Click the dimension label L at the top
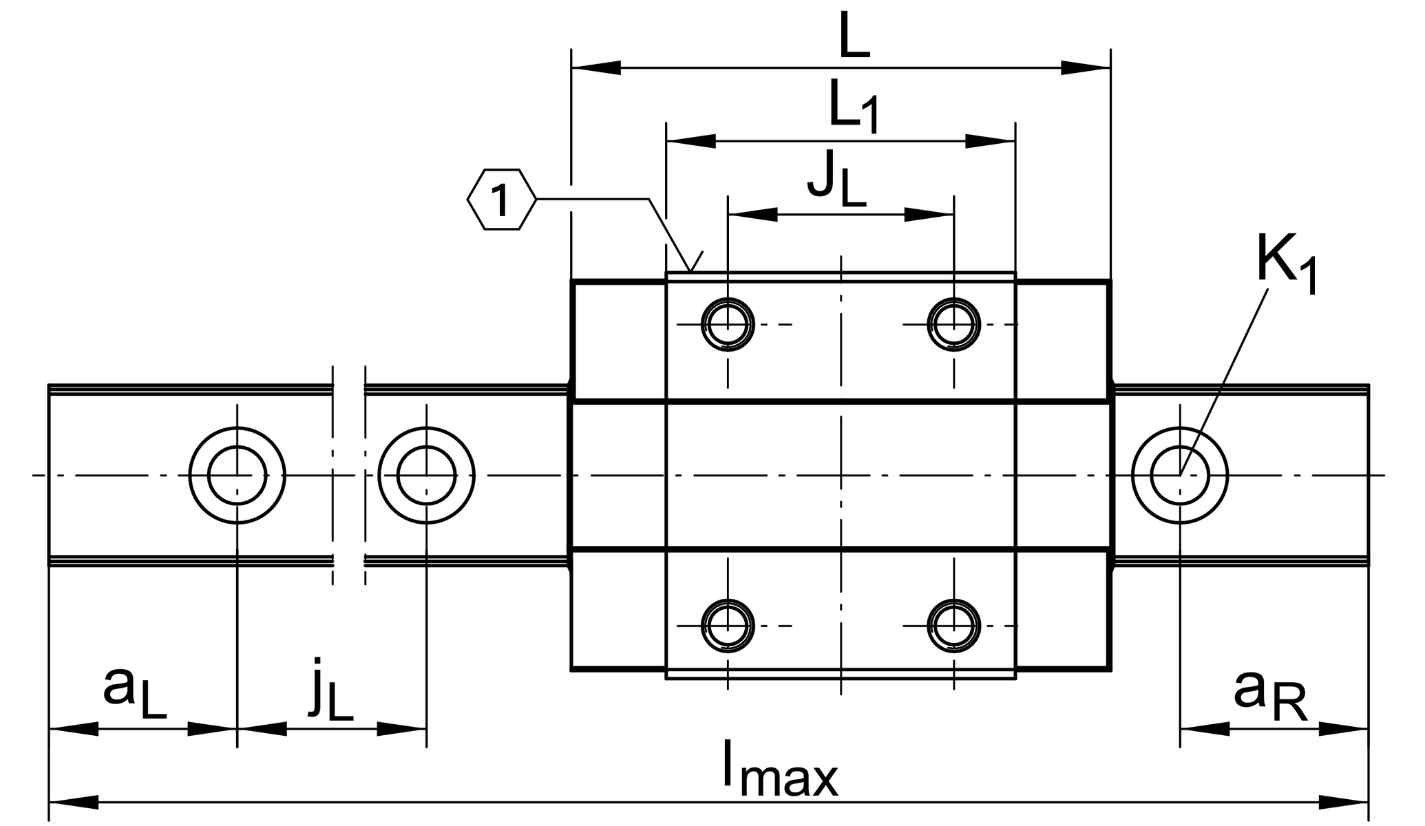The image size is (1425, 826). click(854, 41)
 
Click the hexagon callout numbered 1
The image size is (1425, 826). click(501, 200)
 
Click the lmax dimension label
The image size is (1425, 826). click(780, 770)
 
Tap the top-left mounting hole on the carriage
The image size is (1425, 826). click(728, 324)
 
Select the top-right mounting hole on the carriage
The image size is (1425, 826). click(953, 324)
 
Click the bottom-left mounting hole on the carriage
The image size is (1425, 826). click(728, 626)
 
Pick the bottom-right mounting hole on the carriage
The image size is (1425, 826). click(953, 626)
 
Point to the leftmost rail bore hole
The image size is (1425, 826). click(237, 475)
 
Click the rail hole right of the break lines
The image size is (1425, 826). click(426, 475)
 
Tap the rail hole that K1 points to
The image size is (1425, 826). click(1179, 475)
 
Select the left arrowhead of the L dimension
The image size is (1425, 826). click(596, 68)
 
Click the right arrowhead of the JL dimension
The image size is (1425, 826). click(929, 215)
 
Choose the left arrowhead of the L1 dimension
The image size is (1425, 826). click(691, 141)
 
